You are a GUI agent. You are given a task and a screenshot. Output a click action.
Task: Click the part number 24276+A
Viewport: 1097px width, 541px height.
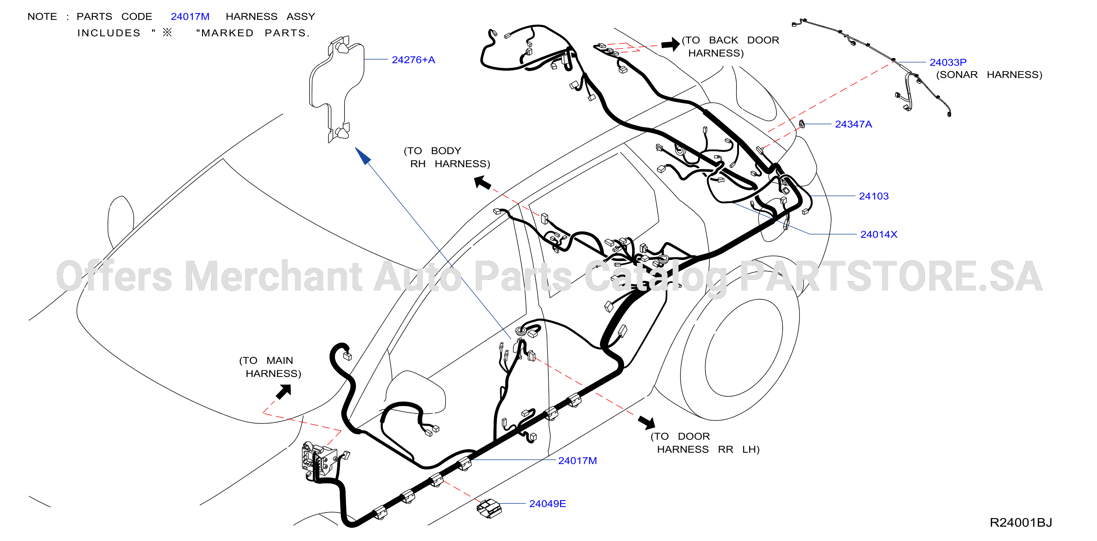[x=413, y=60]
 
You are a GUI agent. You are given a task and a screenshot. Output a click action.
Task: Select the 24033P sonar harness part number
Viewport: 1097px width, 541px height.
[x=948, y=62]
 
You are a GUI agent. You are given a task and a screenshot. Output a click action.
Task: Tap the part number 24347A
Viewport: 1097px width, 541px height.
[x=853, y=124]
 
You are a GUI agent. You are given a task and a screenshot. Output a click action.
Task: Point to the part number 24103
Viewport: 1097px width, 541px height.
[x=874, y=196]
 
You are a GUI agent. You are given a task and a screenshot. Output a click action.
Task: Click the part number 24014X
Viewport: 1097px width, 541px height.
[x=879, y=234]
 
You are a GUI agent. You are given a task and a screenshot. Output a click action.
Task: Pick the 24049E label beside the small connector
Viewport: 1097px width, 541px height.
[x=548, y=503]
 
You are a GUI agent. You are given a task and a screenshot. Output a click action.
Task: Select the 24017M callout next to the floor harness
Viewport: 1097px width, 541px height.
[x=577, y=460]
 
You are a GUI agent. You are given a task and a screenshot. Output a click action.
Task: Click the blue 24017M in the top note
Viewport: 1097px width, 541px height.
[x=190, y=17]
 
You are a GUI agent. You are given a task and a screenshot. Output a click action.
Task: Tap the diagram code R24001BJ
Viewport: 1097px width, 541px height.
[x=1021, y=523]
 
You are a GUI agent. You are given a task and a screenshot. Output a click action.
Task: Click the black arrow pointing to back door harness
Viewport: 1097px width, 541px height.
[x=671, y=44]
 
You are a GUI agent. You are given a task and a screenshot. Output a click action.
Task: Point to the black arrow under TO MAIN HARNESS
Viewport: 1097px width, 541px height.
[x=284, y=392]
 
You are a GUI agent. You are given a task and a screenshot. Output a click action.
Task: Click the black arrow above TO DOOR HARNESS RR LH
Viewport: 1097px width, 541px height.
[x=647, y=422]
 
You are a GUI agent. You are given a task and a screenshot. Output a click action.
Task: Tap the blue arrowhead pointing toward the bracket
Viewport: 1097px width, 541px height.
[x=363, y=156]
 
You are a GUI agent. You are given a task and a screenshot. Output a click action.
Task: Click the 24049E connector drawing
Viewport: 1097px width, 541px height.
[x=489, y=508]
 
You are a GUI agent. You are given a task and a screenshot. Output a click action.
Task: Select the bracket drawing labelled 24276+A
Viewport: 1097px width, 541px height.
[x=337, y=89]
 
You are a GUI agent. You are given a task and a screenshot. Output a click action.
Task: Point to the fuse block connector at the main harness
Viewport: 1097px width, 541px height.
[x=319, y=461]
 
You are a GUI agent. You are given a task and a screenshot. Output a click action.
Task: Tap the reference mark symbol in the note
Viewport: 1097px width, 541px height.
[x=167, y=32]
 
